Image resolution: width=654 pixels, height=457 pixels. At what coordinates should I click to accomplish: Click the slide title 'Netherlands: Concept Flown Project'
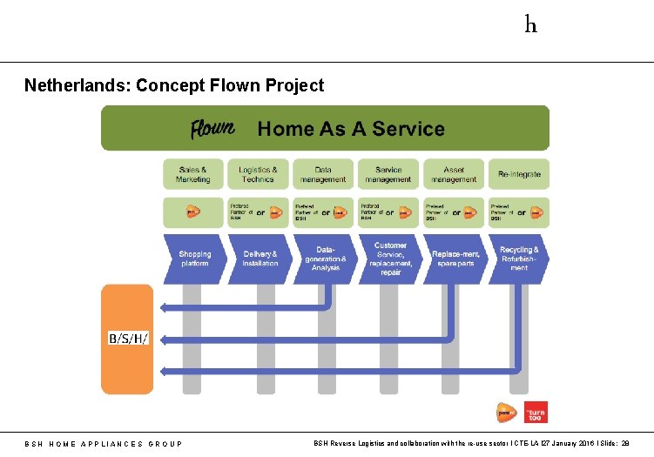coord(174,85)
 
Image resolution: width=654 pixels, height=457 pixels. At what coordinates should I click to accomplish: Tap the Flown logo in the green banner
coord(212,129)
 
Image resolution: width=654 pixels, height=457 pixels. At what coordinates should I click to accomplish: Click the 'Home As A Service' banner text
coord(351,129)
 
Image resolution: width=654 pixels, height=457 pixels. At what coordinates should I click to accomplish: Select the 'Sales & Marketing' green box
coord(193,174)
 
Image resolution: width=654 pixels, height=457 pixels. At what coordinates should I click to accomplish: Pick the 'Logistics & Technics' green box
coord(258,174)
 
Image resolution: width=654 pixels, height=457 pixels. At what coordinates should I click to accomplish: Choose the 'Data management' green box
coord(323,174)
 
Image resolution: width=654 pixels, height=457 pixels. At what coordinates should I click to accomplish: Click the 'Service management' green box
coord(388,174)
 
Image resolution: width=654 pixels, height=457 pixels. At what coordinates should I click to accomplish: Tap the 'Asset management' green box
coord(454,174)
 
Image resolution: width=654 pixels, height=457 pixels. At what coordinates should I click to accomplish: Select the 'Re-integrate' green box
coord(519,174)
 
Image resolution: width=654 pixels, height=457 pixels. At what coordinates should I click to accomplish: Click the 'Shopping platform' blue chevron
coord(194,259)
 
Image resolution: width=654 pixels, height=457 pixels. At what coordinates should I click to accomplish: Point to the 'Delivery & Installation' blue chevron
coord(260,259)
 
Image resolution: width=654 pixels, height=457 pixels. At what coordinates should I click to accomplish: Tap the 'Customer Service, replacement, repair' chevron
coord(390,259)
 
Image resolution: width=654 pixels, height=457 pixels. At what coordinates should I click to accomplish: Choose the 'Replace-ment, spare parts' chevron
coord(455,259)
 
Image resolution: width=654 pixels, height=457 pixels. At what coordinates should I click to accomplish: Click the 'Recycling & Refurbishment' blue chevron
coord(519,259)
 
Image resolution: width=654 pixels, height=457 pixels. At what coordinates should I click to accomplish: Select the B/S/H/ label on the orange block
coord(128,337)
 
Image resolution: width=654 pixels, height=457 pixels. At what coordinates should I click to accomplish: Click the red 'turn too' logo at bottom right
coord(536,411)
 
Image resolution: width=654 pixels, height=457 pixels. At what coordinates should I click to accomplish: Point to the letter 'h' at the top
coord(530,24)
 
